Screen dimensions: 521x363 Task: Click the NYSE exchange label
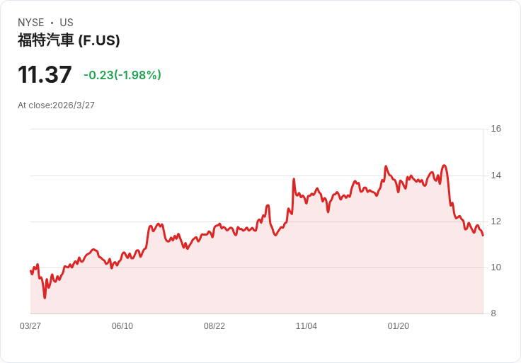click(x=31, y=23)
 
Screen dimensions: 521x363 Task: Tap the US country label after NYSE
click(x=67, y=23)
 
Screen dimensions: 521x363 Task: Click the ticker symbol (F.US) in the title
click(x=99, y=40)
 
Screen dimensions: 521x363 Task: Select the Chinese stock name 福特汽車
click(x=46, y=40)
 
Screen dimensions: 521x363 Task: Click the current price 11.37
click(x=45, y=74)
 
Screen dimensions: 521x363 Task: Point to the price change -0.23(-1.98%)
click(x=122, y=75)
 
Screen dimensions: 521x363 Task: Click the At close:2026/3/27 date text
click(x=56, y=105)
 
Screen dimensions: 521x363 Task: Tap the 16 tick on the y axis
click(x=496, y=129)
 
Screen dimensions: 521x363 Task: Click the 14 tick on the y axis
click(x=496, y=175)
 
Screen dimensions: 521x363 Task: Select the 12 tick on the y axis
click(x=496, y=221)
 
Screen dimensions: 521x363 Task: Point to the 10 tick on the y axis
click(x=496, y=267)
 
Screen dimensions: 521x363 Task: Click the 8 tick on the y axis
click(x=493, y=313)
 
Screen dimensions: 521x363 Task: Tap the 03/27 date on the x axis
click(x=30, y=326)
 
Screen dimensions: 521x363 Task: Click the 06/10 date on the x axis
click(x=122, y=326)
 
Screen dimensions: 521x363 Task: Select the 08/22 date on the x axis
click(x=214, y=326)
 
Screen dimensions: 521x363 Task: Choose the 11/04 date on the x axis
click(x=307, y=326)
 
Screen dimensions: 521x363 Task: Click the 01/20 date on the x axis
click(x=399, y=326)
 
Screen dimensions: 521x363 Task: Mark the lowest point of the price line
click(x=45, y=298)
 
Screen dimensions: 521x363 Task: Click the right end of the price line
click(x=483, y=236)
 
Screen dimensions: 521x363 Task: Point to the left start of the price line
click(x=30, y=271)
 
